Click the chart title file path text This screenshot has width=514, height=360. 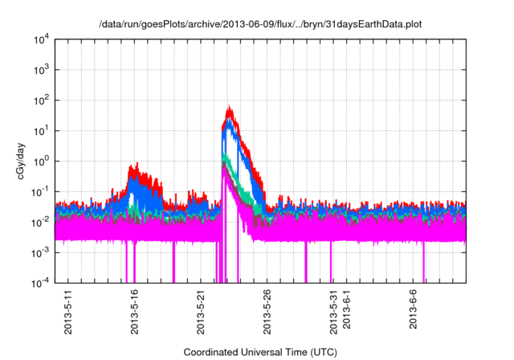(x=259, y=25)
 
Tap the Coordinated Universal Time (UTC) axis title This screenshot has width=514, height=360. (x=259, y=352)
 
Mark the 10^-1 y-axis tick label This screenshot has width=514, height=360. (x=39, y=191)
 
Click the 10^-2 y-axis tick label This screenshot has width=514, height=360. (x=39, y=222)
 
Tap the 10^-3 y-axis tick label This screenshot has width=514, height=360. (x=39, y=252)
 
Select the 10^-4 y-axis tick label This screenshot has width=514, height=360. (x=39, y=283)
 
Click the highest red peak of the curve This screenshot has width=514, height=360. (x=230, y=107)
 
